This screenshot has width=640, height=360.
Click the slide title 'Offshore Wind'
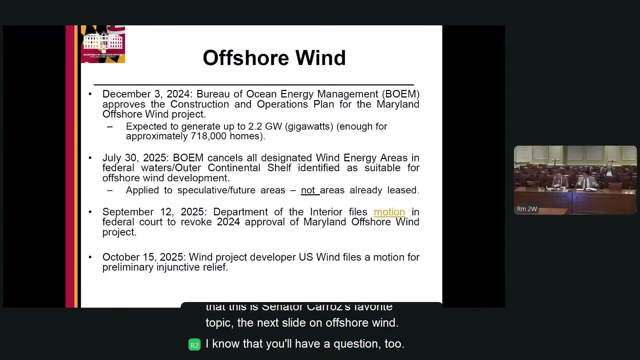click(x=274, y=58)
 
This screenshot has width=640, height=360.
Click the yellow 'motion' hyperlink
click(x=389, y=212)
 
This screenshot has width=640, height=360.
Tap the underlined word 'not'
click(x=308, y=190)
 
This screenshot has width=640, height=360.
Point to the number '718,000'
click(x=208, y=136)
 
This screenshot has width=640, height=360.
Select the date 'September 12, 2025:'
click(x=155, y=212)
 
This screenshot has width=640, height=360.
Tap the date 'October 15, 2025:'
click(x=144, y=257)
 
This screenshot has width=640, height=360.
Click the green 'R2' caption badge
click(x=194, y=345)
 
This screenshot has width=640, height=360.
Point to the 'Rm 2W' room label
click(x=527, y=209)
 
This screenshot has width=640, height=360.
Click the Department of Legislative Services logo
click(x=103, y=44)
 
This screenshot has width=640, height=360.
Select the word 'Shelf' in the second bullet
click(x=279, y=168)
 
